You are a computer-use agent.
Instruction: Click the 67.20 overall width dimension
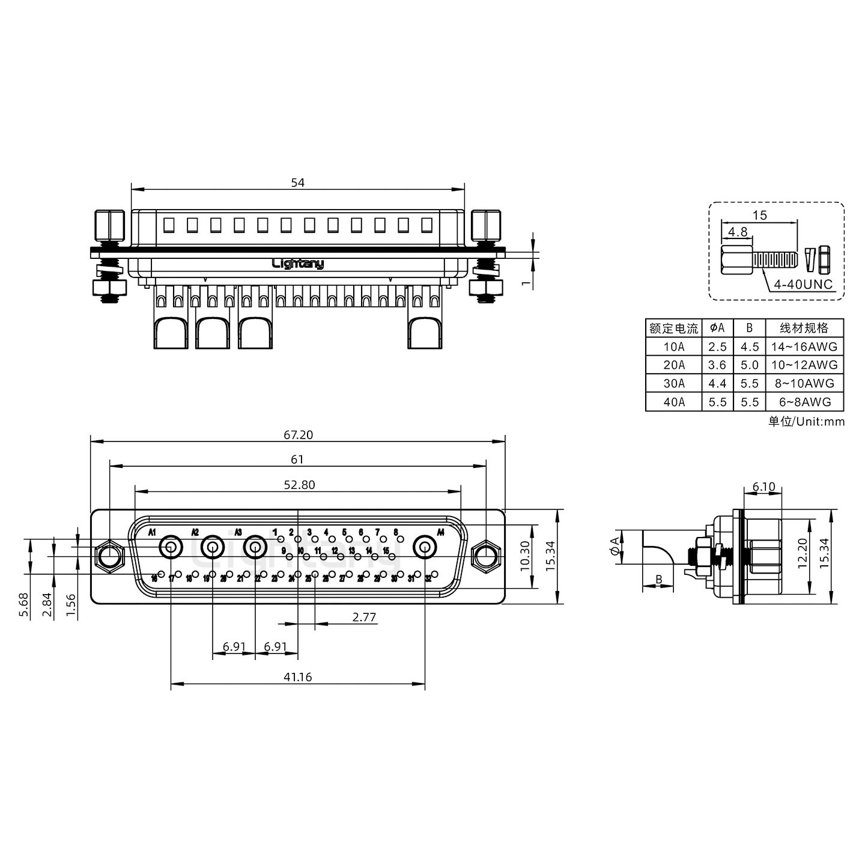click(x=299, y=434)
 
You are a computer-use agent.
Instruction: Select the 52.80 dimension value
click(x=299, y=484)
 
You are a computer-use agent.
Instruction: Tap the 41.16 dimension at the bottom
click(x=298, y=677)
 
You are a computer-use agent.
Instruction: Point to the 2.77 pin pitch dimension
click(x=364, y=617)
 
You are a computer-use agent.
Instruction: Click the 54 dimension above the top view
click(x=298, y=183)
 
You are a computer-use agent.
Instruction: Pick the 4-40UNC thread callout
click(x=804, y=284)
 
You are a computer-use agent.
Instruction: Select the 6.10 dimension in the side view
click(x=763, y=487)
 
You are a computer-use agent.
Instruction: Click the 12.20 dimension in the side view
click(x=801, y=553)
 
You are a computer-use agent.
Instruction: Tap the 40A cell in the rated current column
click(x=673, y=402)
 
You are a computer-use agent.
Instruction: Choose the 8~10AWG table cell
click(x=804, y=383)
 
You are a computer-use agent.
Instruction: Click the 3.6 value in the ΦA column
click(x=717, y=365)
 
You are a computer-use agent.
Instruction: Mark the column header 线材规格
click(x=804, y=328)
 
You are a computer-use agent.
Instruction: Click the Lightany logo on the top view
click(x=298, y=263)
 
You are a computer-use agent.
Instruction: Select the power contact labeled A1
click(x=171, y=547)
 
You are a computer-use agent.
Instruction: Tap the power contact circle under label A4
click(x=425, y=547)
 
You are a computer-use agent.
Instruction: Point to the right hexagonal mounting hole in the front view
click(x=485, y=555)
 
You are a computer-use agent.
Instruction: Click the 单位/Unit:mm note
click(x=806, y=421)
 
